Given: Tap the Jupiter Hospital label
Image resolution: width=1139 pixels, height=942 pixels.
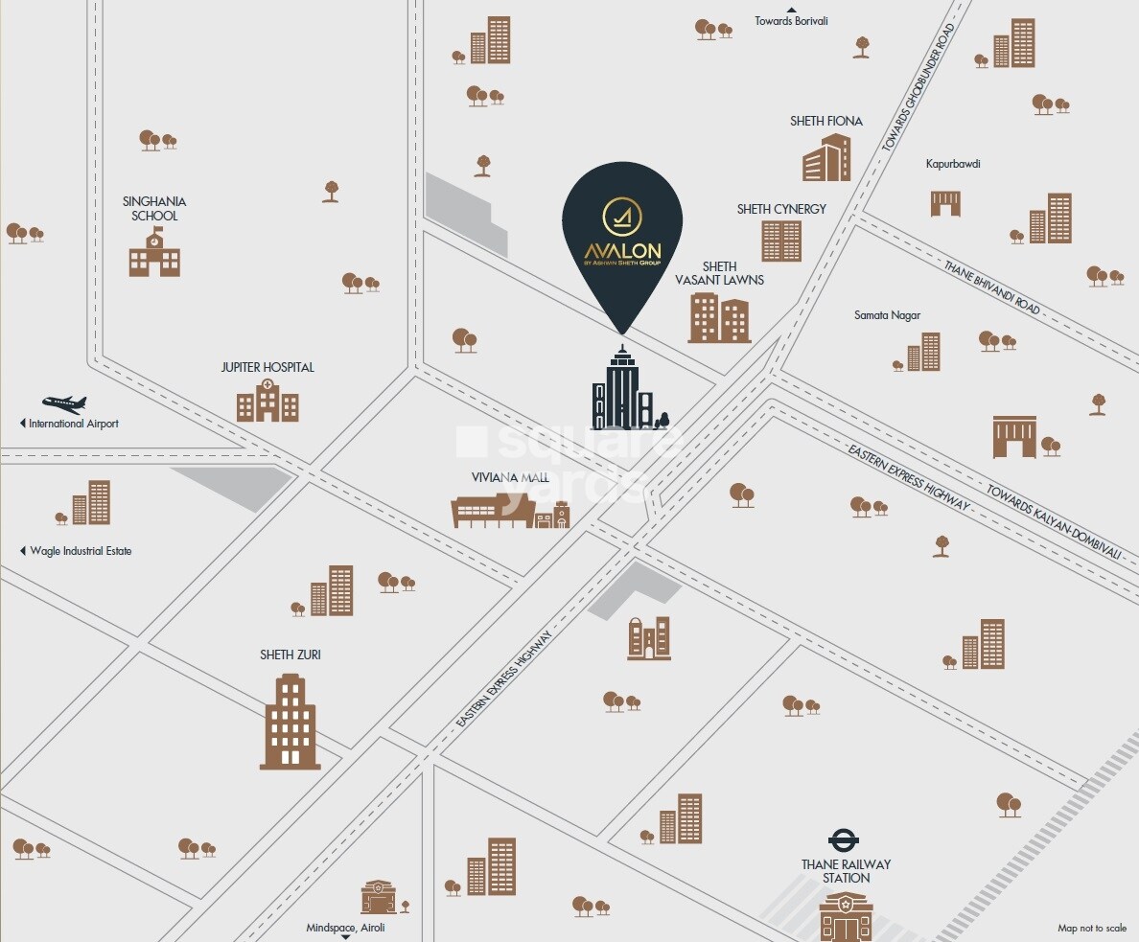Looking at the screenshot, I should (267, 367).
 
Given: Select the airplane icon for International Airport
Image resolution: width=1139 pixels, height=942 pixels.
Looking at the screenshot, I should (64, 403).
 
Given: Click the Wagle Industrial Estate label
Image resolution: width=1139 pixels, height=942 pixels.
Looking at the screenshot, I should (81, 551).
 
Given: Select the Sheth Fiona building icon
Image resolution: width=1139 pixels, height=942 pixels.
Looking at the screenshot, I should (826, 158).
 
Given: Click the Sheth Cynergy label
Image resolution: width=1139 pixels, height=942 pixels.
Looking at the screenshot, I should (781, 209).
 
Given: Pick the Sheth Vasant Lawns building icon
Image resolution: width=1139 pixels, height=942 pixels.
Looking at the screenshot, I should (719, 318).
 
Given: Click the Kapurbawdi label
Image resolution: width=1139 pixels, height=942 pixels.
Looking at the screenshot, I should (953, 164).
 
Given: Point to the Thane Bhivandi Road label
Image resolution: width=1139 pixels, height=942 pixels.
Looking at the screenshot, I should (991, 287).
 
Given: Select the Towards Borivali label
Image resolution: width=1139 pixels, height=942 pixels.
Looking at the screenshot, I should (791, 21).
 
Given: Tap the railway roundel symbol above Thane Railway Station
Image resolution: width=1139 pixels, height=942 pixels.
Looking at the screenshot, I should (844, 840).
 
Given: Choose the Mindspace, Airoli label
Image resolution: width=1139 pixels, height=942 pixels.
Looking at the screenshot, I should (346, 928).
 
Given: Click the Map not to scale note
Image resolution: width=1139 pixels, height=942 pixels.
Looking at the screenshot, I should (1092, 928).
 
